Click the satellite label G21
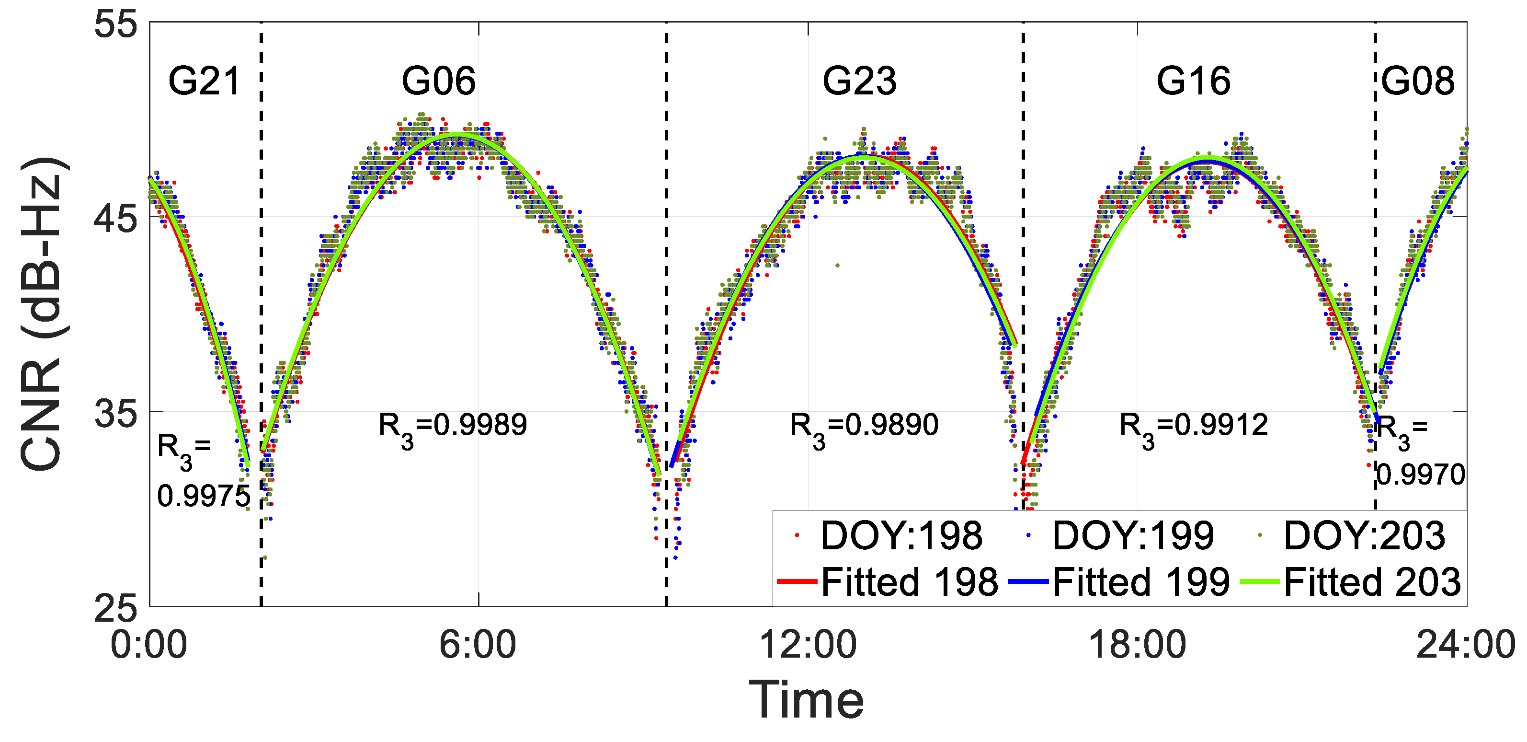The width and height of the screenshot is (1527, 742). pos(204,81)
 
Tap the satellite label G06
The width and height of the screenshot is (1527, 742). pos(439,81)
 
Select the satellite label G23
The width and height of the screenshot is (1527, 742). pos(859,81)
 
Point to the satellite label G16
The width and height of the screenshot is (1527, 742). pos(1193,81)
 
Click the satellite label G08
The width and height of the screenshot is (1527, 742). pos(1417,81)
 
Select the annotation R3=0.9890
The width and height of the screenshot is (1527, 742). pos(864,427)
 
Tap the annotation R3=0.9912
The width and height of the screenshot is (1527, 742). pos(1193,427)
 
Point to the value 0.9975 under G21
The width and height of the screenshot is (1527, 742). pos(203,496)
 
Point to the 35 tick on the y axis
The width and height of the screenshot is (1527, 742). pos(115,413)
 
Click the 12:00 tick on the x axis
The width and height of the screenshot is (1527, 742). pos(808,645)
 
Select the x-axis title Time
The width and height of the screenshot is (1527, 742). pos(807,700)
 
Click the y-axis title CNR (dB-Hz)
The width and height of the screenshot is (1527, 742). pos(42,314)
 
